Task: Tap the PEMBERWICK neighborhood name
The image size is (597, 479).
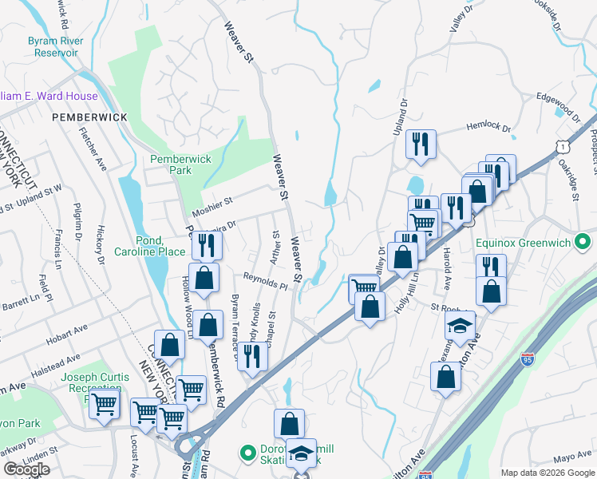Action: click(89, 117)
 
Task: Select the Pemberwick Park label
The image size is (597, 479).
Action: click(181, 164)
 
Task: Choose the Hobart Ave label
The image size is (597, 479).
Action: click(67, 331)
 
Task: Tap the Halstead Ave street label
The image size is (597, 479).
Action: click(57, 362)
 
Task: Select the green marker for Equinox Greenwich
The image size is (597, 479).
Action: click(583, 240)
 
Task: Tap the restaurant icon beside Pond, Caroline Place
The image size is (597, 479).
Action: click(204, 245)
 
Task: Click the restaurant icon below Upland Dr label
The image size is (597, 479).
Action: click(420, 144)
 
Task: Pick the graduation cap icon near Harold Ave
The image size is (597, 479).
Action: click(461, 325)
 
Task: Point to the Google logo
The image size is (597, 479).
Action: click(26, 469)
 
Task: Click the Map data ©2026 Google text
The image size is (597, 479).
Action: click(548, 473)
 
